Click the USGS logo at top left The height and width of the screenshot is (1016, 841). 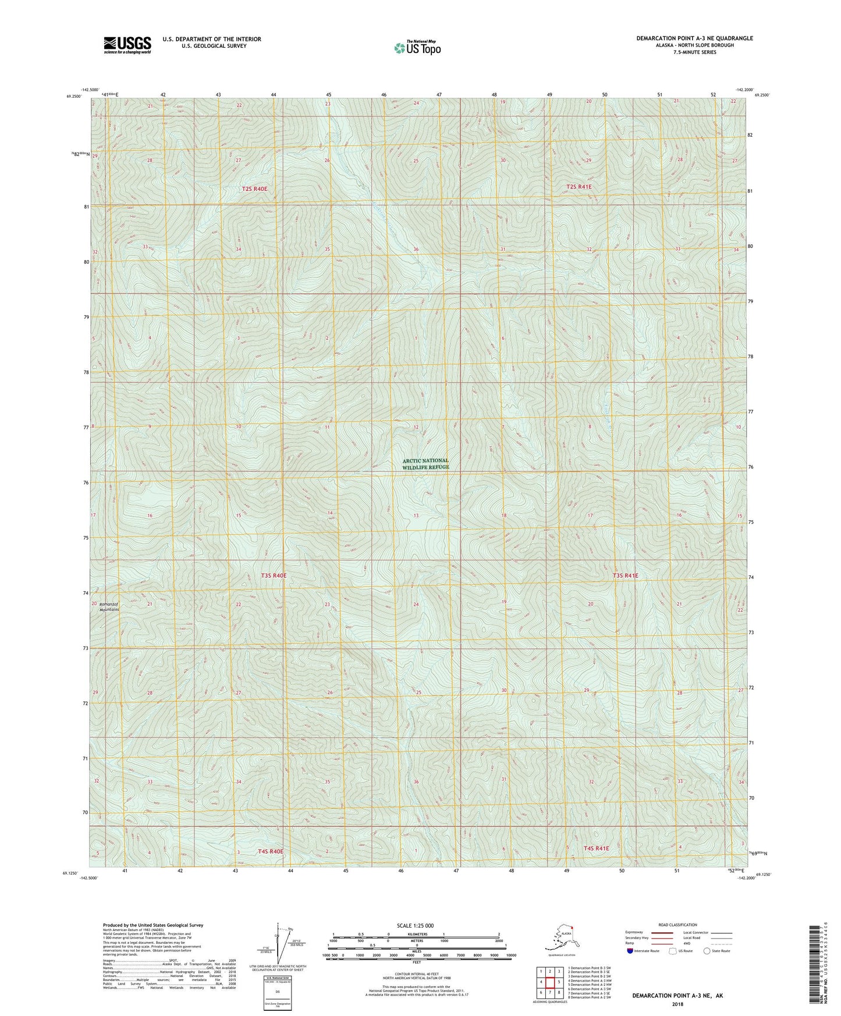127,45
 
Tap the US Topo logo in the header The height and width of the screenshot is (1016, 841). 417,47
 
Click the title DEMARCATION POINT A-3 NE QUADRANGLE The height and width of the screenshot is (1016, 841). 694,38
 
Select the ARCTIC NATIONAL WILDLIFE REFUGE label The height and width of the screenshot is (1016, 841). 425,464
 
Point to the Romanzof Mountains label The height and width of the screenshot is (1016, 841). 109,607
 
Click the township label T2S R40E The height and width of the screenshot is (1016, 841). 254,189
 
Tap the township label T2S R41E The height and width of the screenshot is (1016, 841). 579,187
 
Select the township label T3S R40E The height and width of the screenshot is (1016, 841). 274,576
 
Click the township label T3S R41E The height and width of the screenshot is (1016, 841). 625,576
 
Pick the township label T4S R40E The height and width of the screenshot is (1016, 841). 270,851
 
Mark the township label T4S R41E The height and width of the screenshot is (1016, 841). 596,848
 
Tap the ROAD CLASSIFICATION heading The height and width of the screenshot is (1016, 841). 677,925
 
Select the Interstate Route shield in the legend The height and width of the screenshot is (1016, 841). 631,951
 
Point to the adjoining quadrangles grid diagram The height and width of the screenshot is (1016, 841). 549,982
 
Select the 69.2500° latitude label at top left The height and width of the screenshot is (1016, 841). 73,97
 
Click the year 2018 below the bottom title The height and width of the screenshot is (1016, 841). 677,1004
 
